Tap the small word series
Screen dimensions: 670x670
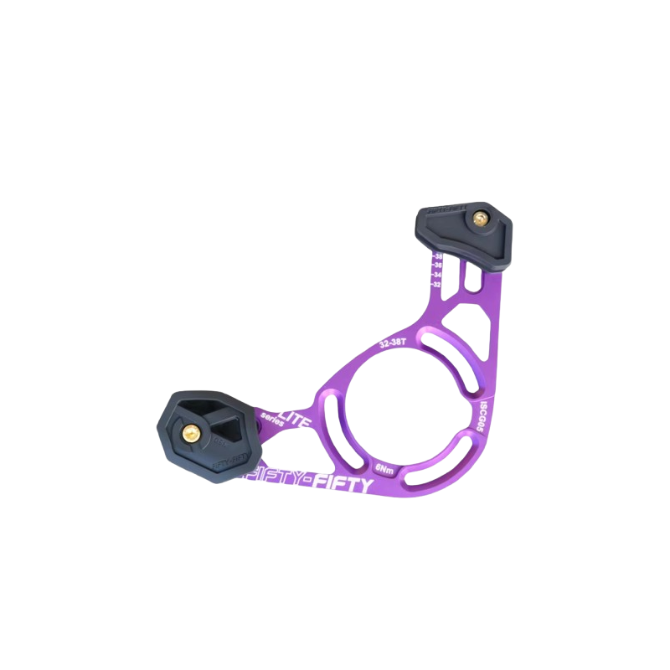pyautogui.click(x=273, y=419)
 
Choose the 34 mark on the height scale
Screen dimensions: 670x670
pyautogui.click(x=436, y=274)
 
